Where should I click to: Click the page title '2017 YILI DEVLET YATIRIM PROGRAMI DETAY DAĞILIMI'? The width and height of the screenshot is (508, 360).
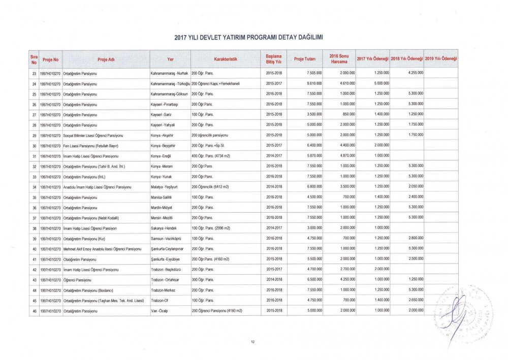click(249, 38)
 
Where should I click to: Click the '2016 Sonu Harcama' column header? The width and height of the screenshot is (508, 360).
click(338, 59)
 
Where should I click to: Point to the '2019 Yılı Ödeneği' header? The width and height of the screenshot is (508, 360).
click(441, 59)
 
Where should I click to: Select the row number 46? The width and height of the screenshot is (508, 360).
click(34, 311)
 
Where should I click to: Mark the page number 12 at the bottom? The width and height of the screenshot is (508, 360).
click(252, 341)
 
